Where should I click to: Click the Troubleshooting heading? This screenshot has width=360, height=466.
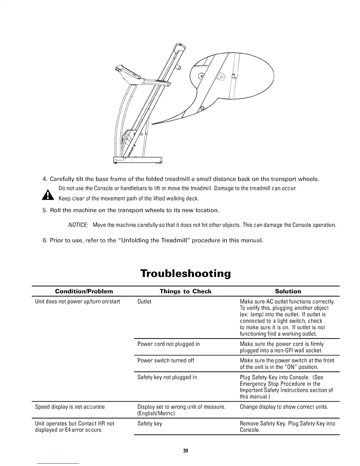[185, 274]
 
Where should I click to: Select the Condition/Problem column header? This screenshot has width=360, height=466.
[84, 291]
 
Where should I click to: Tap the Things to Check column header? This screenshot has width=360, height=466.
[185, 291]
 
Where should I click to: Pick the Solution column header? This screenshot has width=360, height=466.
[288, 291]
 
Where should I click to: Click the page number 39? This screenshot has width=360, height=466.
[185, 451]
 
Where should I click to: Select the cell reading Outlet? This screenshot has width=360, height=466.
[144, 302]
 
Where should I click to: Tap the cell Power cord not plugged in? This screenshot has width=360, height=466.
[168, 344]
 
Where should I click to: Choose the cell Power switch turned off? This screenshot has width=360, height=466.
[166, 360]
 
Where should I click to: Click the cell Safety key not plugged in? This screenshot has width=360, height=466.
[167, 377]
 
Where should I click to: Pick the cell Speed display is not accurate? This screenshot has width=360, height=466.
[70, 407]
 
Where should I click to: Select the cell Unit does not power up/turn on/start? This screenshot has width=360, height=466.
[77, 302]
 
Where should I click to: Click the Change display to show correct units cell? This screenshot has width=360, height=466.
[284, 407]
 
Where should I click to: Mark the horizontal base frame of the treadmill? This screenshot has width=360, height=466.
[138, 160]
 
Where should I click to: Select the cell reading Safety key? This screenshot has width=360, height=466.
[150, 424]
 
